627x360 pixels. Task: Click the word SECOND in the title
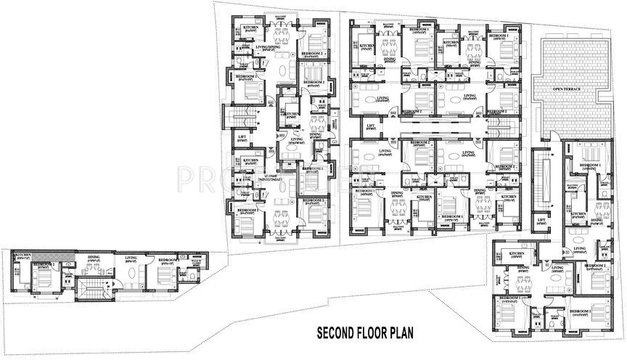click(x=340, y=334)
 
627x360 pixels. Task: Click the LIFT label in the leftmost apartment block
click(x=243, y=136)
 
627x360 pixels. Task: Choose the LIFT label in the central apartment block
click(x=370, y=126)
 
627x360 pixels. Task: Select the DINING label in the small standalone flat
click(x=94, y=257)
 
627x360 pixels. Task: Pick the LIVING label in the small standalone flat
click(x=131, y=257)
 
